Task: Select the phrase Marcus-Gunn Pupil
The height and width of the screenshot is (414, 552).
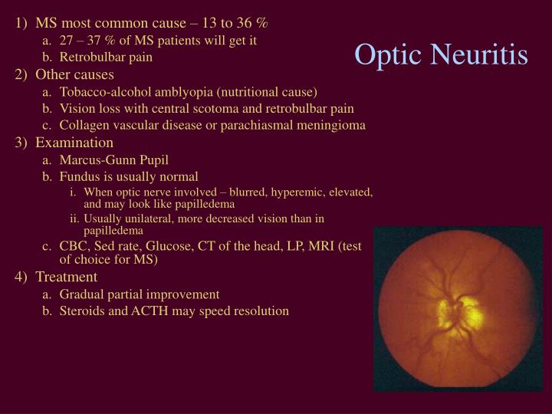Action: click(x=113, y=160)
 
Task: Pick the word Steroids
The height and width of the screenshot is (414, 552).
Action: click(x=83, y=311)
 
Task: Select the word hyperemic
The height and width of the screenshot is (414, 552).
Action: click(x=284, y=192)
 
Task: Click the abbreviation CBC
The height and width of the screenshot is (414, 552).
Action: click(x=74, y=246)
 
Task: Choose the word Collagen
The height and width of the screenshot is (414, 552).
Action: click(x=84, y=126)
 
